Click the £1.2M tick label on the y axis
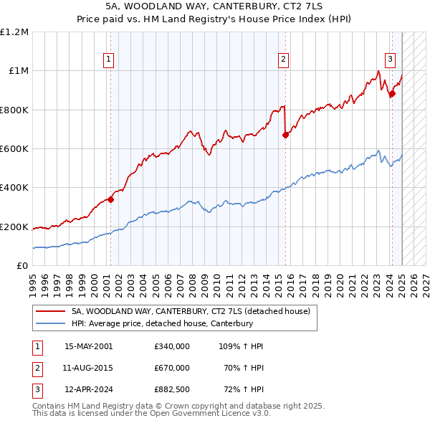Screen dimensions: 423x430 click(15, 32)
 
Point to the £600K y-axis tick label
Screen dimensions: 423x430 click(15, 149)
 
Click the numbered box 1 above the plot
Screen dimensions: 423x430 click(109, 60)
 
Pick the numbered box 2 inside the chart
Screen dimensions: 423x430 click(284, 60)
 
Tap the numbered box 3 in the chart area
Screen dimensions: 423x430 click(390, 60)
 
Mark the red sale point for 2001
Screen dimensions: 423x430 click(110, 200)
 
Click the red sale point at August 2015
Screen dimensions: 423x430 click(285, 135)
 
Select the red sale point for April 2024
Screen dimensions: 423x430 click(392, 94)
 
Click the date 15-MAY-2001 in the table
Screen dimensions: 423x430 click(89, 346)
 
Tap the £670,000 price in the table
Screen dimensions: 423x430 click(172, 368)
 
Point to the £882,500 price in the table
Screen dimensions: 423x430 click(172, 389)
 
